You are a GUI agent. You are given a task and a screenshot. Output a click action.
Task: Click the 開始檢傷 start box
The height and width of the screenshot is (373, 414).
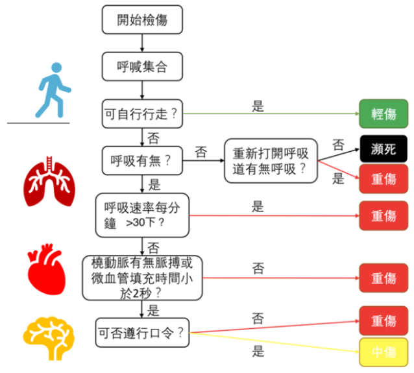[142, 19]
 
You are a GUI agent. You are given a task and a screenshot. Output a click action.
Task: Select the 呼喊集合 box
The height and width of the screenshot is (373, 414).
[142, 66]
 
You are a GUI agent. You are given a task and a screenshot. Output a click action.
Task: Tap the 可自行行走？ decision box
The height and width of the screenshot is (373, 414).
[142, 114]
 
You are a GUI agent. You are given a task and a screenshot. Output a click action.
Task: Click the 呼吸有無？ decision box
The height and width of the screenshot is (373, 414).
[142, 160]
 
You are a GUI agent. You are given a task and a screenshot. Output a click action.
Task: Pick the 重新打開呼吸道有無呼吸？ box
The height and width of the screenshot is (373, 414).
[271, 160]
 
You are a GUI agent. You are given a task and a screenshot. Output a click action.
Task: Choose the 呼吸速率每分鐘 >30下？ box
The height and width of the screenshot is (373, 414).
[142, 215]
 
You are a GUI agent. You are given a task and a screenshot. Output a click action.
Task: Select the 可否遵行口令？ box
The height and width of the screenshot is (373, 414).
[142, 333]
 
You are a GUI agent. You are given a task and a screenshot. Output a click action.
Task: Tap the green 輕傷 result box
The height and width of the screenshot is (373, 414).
[384, 114]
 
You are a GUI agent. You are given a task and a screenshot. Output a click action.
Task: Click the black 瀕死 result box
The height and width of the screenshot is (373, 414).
[384, 149]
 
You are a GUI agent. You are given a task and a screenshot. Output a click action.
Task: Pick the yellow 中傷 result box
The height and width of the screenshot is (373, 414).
[384, 354]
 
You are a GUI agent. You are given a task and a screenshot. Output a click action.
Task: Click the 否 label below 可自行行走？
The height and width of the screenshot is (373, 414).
[153, 138]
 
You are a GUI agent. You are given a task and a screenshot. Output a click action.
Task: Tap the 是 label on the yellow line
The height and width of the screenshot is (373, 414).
[258, 352]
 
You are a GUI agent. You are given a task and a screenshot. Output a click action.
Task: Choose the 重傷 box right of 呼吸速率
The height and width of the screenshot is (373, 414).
[384, 215]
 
